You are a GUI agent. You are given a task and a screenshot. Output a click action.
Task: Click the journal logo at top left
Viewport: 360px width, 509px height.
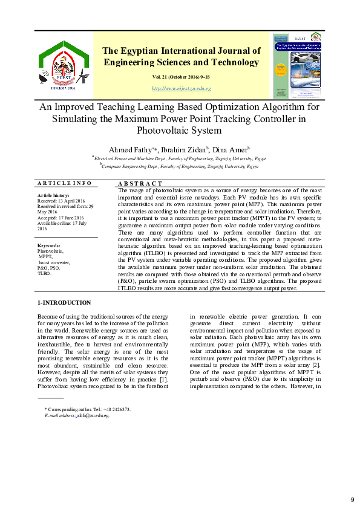(x=64, y=64)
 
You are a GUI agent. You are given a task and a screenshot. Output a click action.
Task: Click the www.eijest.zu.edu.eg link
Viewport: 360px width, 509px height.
(x=181, y=89)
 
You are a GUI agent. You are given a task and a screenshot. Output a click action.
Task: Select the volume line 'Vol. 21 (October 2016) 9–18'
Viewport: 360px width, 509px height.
(x=182, y=77)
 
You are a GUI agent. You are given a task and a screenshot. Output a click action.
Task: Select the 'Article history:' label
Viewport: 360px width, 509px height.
(x=53, y=196)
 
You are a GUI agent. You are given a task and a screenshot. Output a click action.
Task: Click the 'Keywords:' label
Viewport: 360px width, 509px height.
(x=49, y=245)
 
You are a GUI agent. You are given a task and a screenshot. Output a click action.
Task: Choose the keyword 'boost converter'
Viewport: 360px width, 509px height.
(x=54, y=262)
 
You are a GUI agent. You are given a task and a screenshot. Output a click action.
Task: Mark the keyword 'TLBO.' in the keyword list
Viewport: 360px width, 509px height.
(x=45, y=274)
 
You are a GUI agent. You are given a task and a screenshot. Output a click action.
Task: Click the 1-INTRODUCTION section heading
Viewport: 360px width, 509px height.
(x=64, y=303)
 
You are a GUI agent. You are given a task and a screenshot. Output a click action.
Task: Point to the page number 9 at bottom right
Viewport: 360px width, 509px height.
(x=352, y=499)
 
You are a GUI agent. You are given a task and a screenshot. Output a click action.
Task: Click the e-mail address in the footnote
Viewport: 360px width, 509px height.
(x=93, y=416)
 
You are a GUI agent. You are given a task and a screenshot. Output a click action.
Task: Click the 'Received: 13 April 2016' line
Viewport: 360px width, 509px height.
(x=61, y=201)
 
